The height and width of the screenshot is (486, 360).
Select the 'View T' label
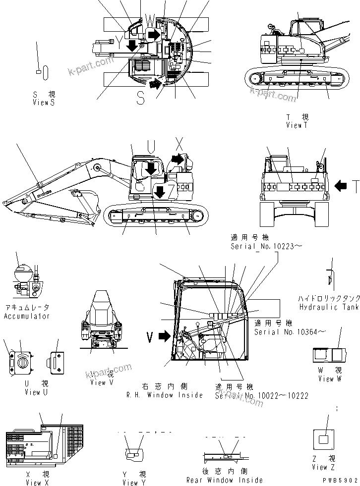(297, 125)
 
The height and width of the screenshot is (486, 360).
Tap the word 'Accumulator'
(27, 316)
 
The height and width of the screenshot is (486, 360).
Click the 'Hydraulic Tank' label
(329, 307)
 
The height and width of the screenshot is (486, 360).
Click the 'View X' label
(37, 483)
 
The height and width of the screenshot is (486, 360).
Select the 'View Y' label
(134, 483)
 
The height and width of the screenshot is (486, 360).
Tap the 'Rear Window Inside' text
(225, 480)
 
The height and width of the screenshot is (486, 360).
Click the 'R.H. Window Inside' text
(166, 395)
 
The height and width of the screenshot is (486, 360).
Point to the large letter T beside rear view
(355, 186)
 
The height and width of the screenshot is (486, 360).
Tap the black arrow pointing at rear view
(341, 186)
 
